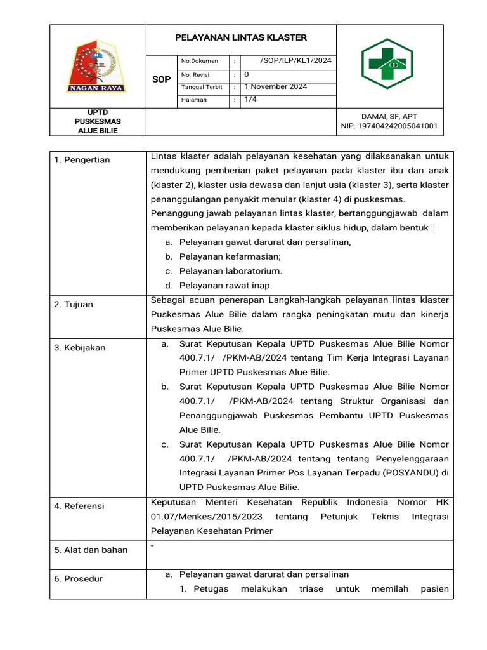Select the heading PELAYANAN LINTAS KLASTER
pos(240,37)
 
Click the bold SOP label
pos(162,80)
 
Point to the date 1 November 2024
pos(275,87)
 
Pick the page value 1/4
pos(250,100)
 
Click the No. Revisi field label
pos(195,74)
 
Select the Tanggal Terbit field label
pos(202,87)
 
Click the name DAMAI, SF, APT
pos(389,116)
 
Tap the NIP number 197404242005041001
pos(389,126)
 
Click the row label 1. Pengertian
pos(82,160)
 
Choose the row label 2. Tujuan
pos(74,305)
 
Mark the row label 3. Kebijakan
pos(80,348)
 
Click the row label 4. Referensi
pos(79,507)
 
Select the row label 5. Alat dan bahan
pos(91,550)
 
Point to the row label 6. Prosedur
pos(79,579)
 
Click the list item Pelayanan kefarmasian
pos(230,256)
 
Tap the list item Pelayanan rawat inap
pos(226,286)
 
